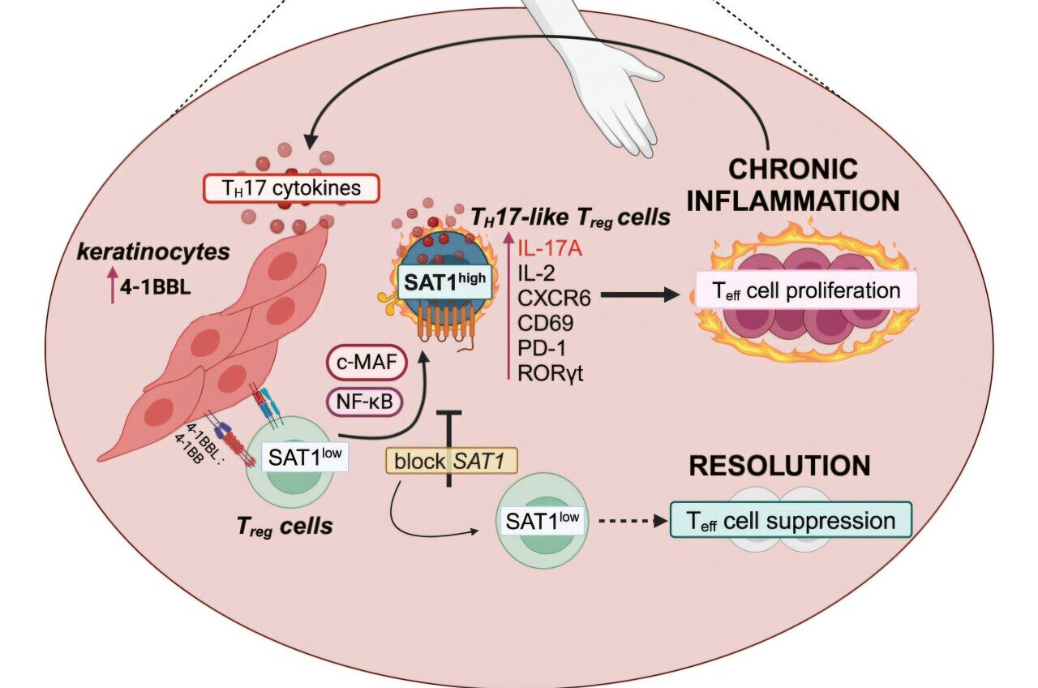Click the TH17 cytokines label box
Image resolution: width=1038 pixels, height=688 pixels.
[x=292, y=189]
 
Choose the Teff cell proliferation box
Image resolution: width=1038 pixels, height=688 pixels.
[x=806, y=290]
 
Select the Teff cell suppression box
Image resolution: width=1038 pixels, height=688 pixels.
[x=791, y=519]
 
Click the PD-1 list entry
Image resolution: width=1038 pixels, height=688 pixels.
[x=543, y=349]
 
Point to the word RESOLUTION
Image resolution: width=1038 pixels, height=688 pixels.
[x=779, y=466]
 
